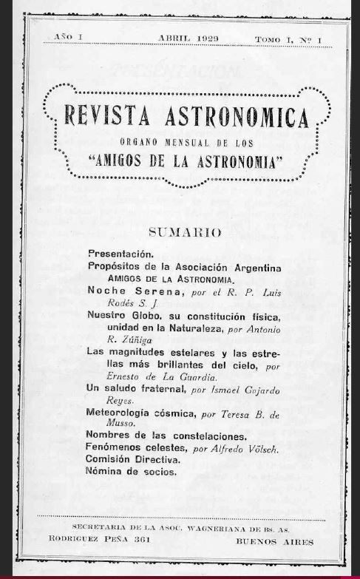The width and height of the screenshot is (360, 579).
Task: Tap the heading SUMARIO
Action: pyautogui.click(x=185, y=232)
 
